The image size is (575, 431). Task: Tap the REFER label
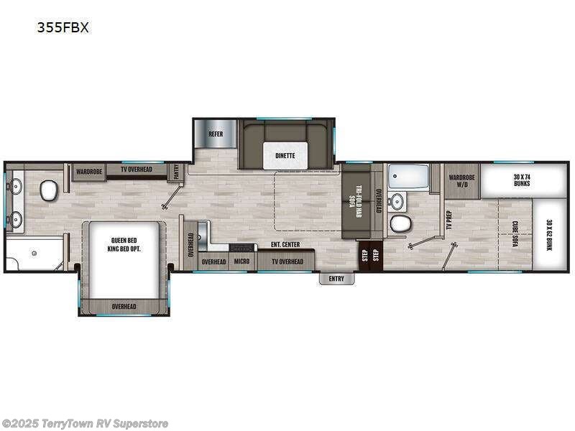(216, 134)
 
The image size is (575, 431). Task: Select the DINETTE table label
(285, 155)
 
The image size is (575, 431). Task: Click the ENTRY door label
(336, 279)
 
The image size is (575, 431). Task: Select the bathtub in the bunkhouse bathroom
(408, 175)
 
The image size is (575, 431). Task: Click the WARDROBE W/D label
(460, 180)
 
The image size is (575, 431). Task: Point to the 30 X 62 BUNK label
(550, 233)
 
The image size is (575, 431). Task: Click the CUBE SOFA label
(515, 233)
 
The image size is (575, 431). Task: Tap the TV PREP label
(447, 220)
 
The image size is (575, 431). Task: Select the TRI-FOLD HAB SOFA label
(354, 202)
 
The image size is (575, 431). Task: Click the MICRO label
(241, 261)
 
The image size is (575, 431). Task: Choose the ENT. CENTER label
(285, 245)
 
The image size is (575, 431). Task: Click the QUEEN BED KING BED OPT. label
(124, 245)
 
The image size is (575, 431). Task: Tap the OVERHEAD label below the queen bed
(124, 307)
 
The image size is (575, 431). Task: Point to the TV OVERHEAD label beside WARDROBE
(136, 170)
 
